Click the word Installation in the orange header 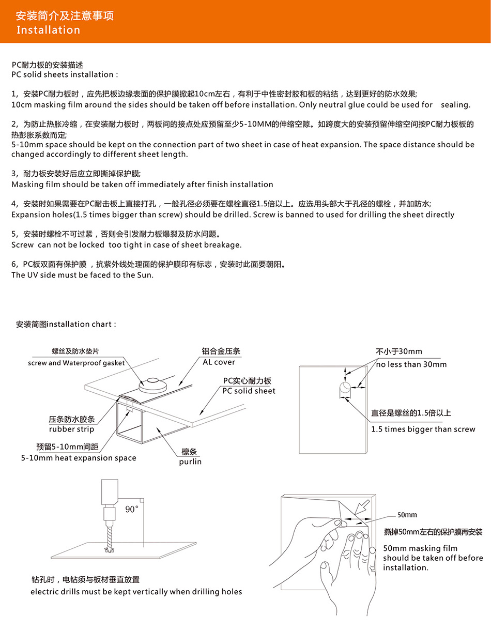(x=48, y=30)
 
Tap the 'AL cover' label (x=219, y=362)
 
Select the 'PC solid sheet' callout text (x=249, y=391)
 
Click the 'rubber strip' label (x=72, y=429)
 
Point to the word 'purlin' (x=190, y=462)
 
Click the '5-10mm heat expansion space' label (x=79, y=458)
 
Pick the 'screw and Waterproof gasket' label (x=76, y=363)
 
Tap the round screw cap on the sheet (x=152, y=385)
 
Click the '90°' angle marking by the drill (x=132, y=509)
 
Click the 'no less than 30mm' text (x=411, y=364)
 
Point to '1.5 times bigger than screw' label (x=423, y=429)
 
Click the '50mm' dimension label (x=407, y=515)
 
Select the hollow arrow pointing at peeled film (x=362, y=507)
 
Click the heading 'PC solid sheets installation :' (x=65, y=74)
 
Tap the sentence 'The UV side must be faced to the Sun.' (x=82, y=275)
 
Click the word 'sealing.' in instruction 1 (x=456, y=105)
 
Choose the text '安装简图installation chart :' (x=66, y=324)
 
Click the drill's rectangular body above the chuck (x=110, y=492)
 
